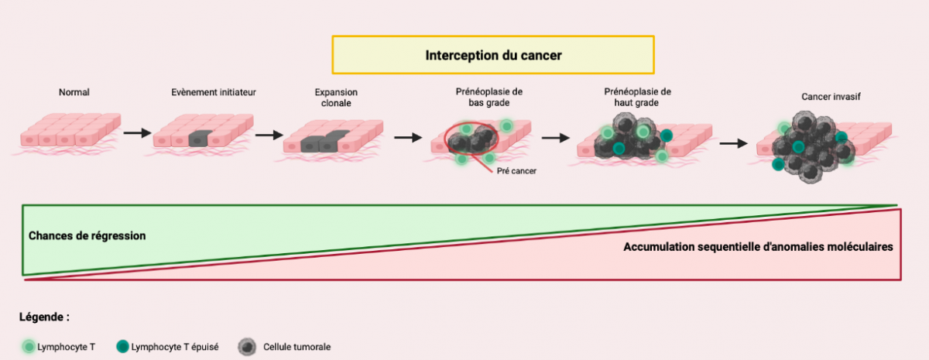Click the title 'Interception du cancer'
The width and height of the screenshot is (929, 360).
point(493,55)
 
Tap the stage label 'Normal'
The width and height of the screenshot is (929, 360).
point(74,93)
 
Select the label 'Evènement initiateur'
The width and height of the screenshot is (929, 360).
point(214,93)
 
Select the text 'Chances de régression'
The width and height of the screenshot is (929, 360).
point(87,235)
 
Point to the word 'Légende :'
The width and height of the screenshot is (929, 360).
point(45,317)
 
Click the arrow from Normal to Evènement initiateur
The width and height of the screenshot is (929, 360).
point(137,133)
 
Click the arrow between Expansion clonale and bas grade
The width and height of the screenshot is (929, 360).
point(407,138)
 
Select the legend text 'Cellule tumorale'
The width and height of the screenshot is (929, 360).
point(297,347)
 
